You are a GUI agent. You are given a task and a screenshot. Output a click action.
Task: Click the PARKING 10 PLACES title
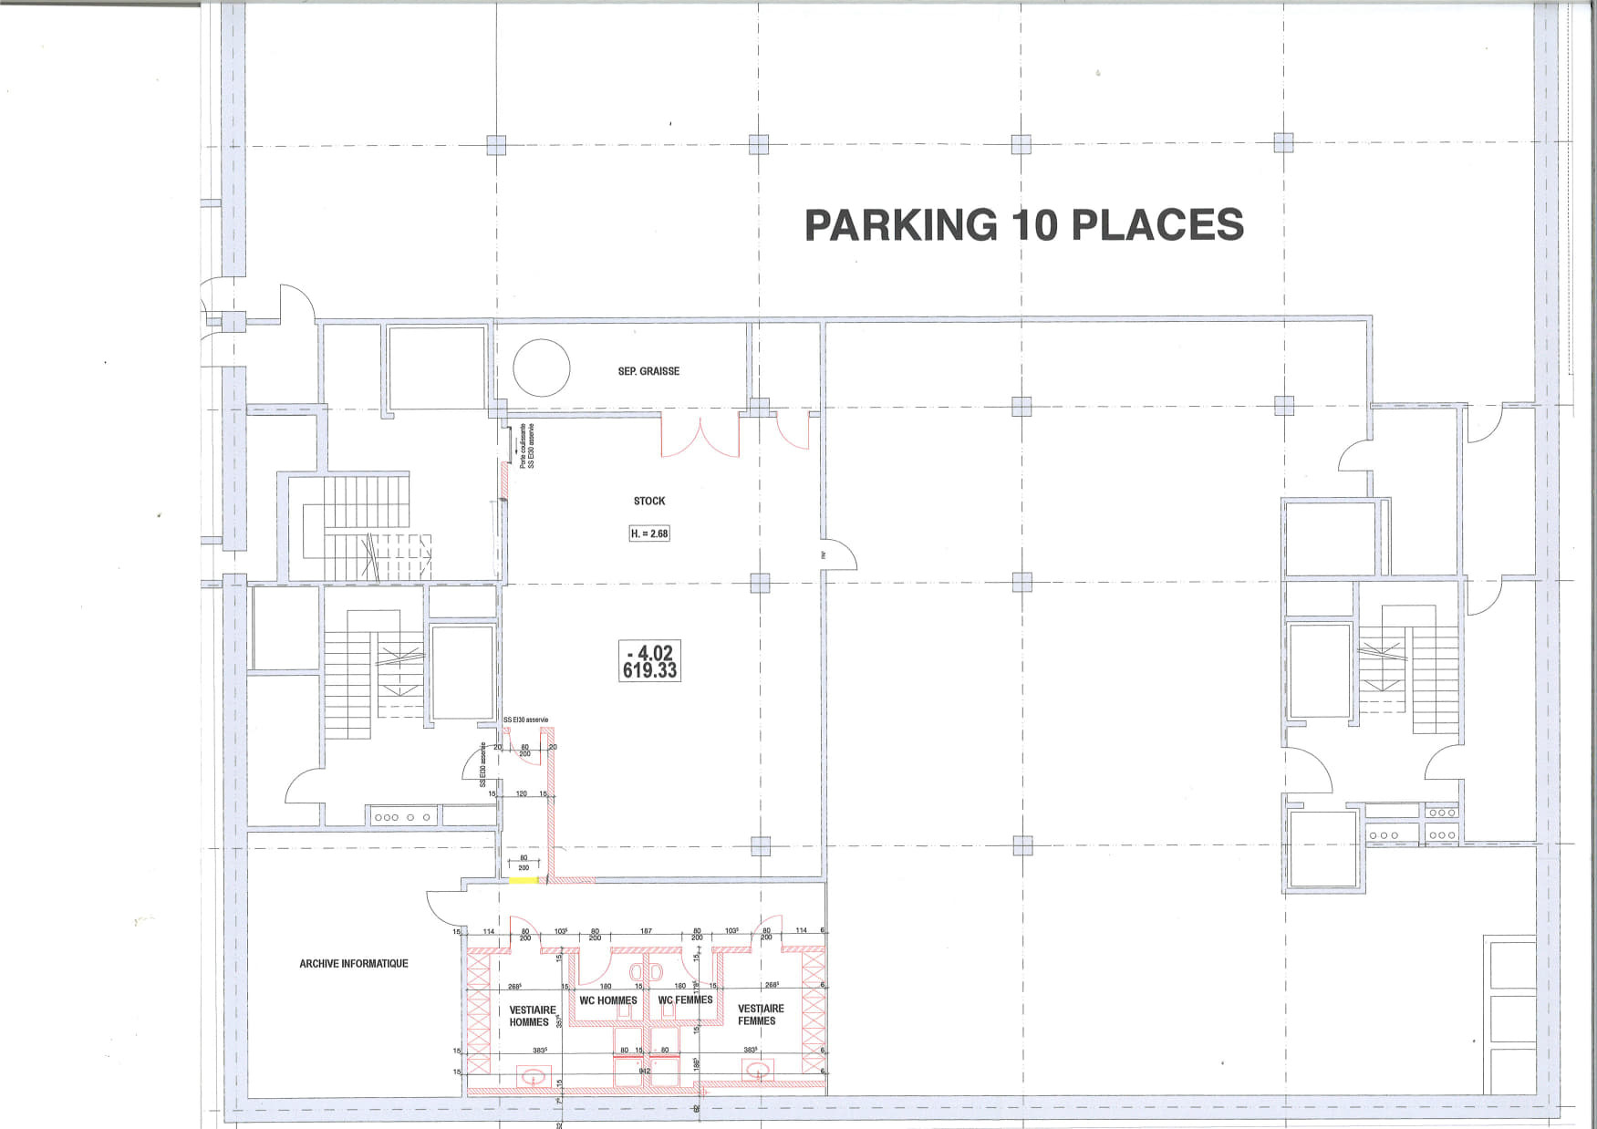coord(1023,225)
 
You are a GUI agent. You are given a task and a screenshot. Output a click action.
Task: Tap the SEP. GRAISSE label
coord(648,371)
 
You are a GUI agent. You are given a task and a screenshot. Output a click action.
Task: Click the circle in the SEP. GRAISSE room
coord(542,368)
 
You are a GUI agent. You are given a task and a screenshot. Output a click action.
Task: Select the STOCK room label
coord(649,501)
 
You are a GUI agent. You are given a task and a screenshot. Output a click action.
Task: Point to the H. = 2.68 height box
coord(649,533)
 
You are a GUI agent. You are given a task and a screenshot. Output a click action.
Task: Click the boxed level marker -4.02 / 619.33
coord(648,661)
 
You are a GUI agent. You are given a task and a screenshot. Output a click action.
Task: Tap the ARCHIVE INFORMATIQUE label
coord(354,963)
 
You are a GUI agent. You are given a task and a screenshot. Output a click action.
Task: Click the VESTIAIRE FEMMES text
coord(761,1014)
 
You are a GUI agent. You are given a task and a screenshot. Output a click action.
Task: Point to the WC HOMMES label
coord(608,1000)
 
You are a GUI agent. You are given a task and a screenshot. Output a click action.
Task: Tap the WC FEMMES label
coord(686,1000)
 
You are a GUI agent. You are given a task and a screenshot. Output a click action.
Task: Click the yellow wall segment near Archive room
coord(523,880)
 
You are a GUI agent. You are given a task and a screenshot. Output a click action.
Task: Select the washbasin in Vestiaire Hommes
coord(531,1077)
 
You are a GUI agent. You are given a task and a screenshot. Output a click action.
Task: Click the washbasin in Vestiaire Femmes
coord(757,1072)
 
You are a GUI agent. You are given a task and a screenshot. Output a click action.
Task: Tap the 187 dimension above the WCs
coord(646,931)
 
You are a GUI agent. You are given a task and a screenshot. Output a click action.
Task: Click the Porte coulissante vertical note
coord(526,447)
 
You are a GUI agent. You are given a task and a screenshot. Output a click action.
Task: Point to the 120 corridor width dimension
coord(522,793)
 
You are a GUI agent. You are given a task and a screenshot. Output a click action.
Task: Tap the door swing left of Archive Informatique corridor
coord(445,906)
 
